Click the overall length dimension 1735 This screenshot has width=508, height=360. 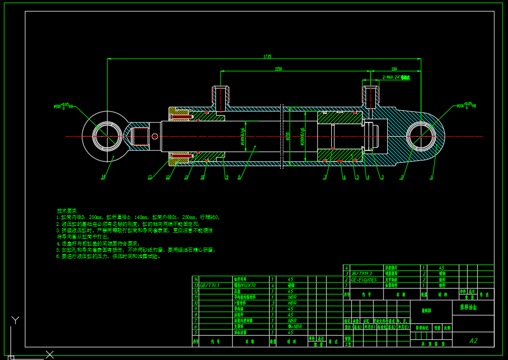tap(267, 56)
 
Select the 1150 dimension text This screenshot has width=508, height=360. tap(278, 69)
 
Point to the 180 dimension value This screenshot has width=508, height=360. tap(394, 69)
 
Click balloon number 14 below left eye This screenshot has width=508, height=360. tap(103, 177)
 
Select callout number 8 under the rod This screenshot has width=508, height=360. tap(239, 177)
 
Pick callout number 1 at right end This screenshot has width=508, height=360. tap(431, 177)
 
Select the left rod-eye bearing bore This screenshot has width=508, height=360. tap(107, 136)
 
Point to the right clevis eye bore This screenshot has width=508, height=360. tap(421, 136)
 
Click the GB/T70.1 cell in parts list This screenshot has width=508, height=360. tap(210, 285)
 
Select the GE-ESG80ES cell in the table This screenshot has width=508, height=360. tap(364, 279)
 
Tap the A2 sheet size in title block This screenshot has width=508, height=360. tap(473, 340)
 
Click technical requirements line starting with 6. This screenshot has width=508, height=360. tap(109, 256)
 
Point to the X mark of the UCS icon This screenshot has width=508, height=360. tap(50, 354)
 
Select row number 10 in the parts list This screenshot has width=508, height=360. tap(196, 303)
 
